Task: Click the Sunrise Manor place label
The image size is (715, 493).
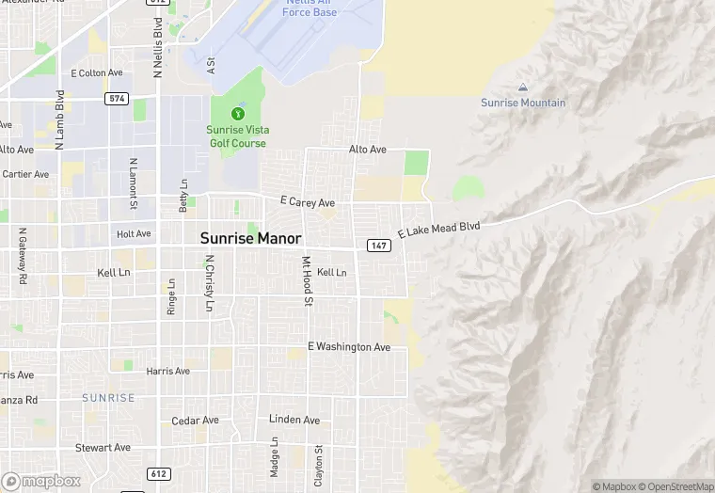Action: pyautogui.click(x=250, y=239)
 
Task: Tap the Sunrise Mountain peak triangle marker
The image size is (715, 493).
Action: pyautogui.click(x=523, y=87)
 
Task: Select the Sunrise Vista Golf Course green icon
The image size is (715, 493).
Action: pyautogui.click(x=236, y=115)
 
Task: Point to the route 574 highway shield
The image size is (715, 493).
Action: pyautogui.click(x=117, y=98)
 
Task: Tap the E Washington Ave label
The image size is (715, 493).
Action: pyautogui.click(x=348, y=347)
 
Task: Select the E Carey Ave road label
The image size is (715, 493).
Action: pyautogui.click(x=308, y=202)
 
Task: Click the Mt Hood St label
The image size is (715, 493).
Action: pyautogui.click(x=307, y=281)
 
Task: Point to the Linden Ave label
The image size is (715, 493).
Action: pyautogui.click(x=294, y=420)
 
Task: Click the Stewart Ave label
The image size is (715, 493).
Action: pyautogui.click(x=103, y=448)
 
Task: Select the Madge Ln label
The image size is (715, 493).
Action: pyautogui.click(x=275, y=456)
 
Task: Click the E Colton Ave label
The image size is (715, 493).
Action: pyautogui.click(x=97, y=72)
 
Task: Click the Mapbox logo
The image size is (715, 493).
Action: pyautogui.click(x=41, y=481)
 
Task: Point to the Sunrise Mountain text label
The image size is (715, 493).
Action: pyautogui.click(x=523, y=103)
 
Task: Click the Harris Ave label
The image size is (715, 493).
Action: pyautogui.click(x=167, y=372)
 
